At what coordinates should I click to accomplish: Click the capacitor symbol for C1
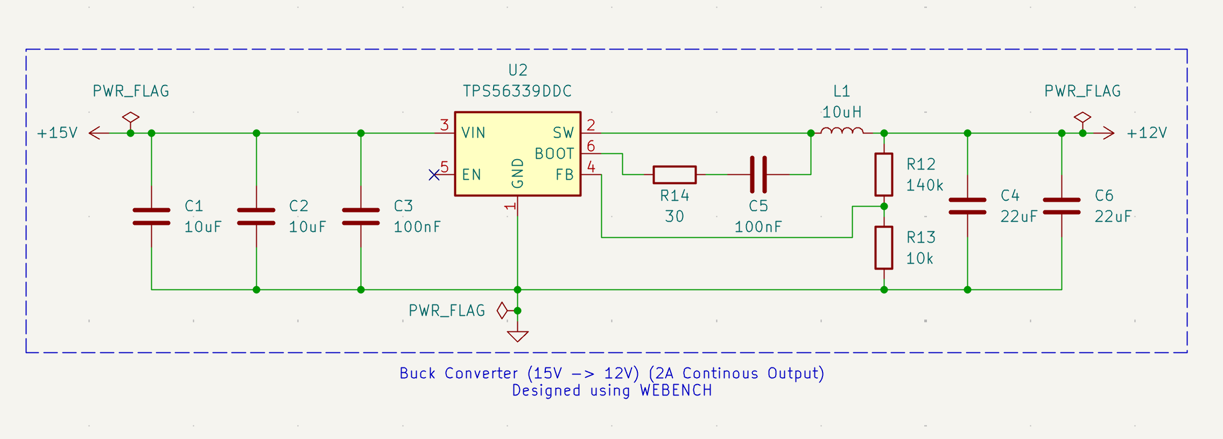pyautogui.click(x=151, y=216)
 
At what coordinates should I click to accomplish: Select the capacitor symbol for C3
pyautogui.click(x=361, y=216)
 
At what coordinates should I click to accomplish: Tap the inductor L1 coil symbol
pyautogui.click(x=842, y=131)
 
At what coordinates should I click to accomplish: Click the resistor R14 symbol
pyautogui.click(x=674, y=174)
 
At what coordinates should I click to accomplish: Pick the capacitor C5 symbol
pyautogui.click(x=758, y=174)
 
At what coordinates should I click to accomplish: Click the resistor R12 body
pyautogui.click(x=883, y=174)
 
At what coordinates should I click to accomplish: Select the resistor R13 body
pyautogui.click(x=883, y=247)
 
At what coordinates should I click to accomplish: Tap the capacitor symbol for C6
pyautogui.click(x=1061, y=206)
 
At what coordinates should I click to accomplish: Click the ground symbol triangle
pyautogui.click(x=517, y=336)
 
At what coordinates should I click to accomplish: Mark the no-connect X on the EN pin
pyautogui.click(x=434, y=174)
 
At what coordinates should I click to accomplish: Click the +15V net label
pyautogui.click(x=57, y=133)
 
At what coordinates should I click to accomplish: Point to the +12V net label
pyautogui.click(x=1147, y=133)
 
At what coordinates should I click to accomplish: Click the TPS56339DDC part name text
pyautogui.click(x=517, y=91)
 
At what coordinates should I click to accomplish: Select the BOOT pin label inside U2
pyautogui.click(x=554, y=154)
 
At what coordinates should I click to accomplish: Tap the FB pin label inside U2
pyautogui.click(x=564, y=174)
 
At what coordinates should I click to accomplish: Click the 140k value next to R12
pyautogui.click(x=924, y=186)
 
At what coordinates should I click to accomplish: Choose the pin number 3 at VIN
pyautogui.click(x=444, y=125)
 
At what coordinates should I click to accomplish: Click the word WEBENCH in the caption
pyautogui.click(x=676, y=391)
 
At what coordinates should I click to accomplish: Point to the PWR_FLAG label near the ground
pyautogui.click(x=447, y=310)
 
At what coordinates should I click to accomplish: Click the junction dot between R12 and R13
pyautogui.click(x=883, y=206)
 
